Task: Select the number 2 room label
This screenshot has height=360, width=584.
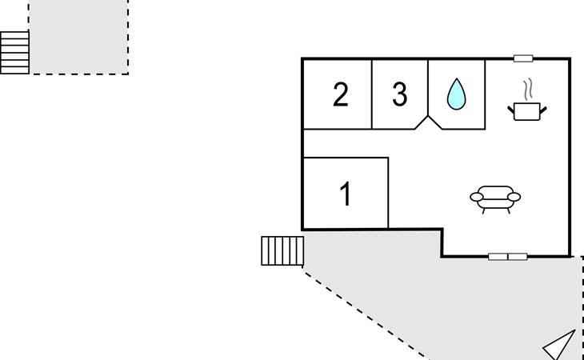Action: point(341,95)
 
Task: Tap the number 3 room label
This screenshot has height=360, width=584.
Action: point(400,94)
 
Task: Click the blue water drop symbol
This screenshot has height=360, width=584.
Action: point(456,94)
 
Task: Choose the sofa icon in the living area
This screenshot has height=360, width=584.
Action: point(495,199)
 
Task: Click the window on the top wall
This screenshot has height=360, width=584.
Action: point(523,58)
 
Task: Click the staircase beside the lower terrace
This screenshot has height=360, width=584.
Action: point(282,251)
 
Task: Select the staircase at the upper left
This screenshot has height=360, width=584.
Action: point(14,53)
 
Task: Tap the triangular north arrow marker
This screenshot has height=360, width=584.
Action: point(559,345)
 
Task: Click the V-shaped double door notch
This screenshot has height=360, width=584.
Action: point(428,123)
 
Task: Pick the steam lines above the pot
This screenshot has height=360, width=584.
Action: point(527,90)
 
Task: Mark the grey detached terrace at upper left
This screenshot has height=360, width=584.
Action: point(78,37)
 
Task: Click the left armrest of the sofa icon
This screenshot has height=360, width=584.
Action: point(477,197)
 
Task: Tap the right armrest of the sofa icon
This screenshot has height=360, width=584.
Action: point(514,197)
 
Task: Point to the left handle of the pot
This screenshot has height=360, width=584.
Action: point(511,110)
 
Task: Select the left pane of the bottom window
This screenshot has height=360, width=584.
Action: point(498,257)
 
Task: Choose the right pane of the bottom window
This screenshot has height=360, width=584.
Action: point(518,257)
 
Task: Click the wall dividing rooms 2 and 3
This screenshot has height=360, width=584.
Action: point(372,94)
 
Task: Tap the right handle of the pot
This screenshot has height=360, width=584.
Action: point(543,110)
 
